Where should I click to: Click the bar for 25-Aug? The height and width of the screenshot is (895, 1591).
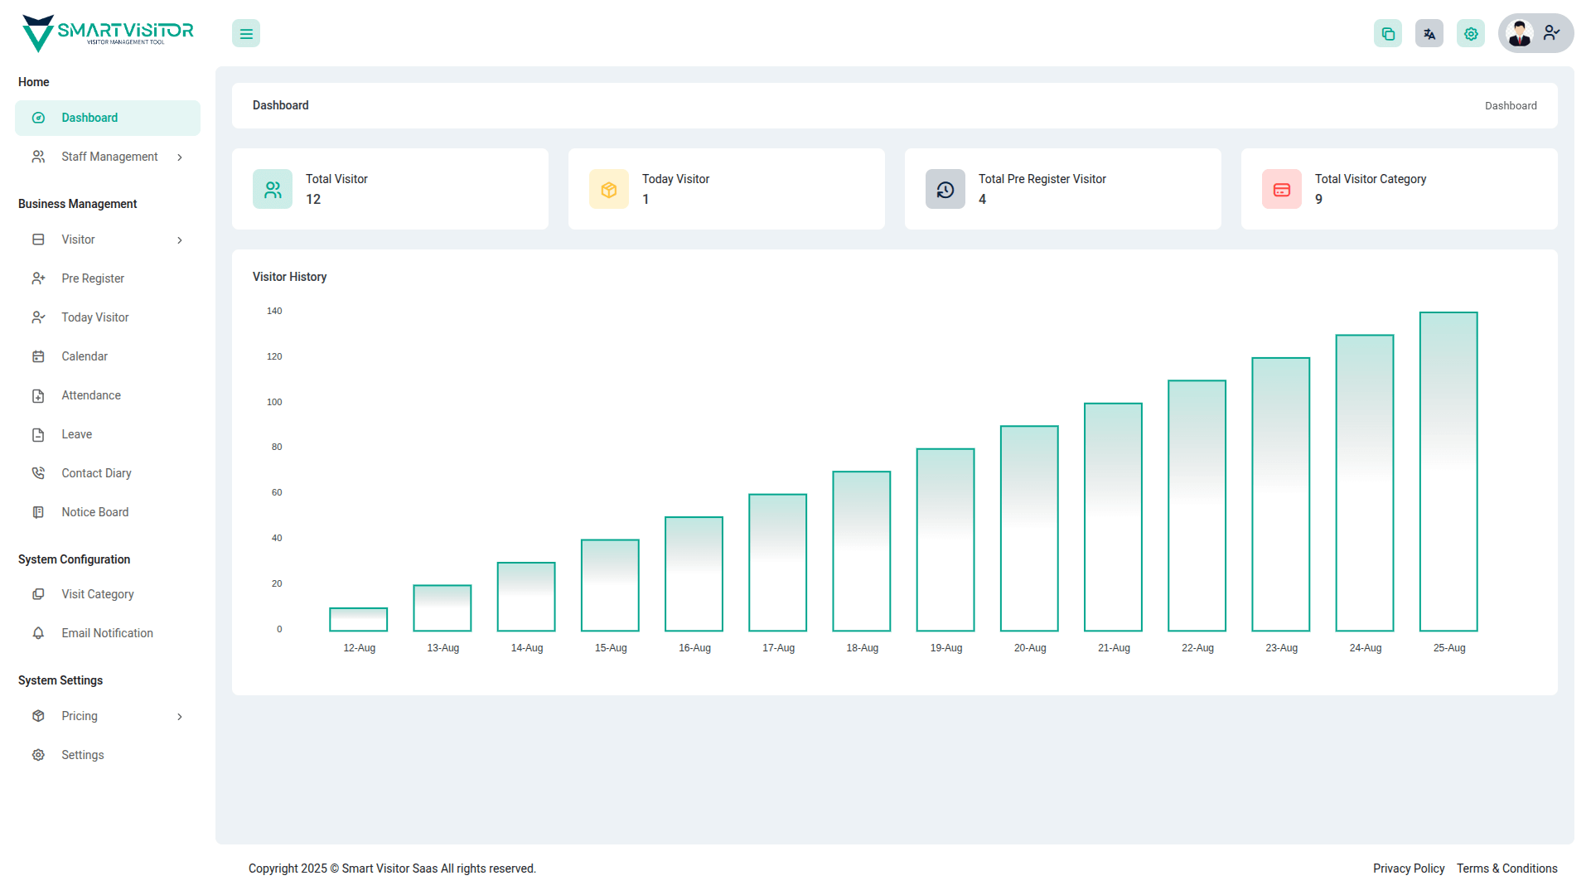pyautogui.click(x=1448, y=472)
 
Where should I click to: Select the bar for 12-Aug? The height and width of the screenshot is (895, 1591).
pyautogui.click(x=358, y=619)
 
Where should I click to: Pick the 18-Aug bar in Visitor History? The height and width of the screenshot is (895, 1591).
pyautogui.click(x=862, y=551)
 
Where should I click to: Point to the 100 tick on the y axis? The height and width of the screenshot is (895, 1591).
pyautogui.click(x=274, y=402)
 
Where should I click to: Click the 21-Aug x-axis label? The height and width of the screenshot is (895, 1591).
pyautogui.click(x=1114, y=648)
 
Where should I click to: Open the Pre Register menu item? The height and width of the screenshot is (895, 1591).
pyautogui.click(x=93, y=278)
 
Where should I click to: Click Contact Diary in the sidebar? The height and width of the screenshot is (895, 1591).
pyautogui.click(x=96, y=473)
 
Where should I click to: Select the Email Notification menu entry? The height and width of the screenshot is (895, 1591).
pyautogui.click(x=107, y=633)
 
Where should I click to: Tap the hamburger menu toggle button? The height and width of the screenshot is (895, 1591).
pyautogui.click(x=246, y=34)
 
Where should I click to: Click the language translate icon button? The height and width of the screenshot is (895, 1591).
pyautogui.click(x=1429, y=34)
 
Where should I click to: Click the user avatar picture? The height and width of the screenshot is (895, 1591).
pyautogui.click(x=1520, y=33)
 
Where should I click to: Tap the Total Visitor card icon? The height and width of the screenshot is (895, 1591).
pyautogui.click(x=273, y=190)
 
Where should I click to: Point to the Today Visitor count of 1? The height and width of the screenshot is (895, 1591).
pyautogui.click(x=646, y=200)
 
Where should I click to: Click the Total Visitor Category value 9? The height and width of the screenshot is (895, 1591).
pyautogui.click(x=1318, y=200)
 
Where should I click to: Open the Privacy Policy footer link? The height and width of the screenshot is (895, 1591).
pyautogui.click(x=1409, y=868)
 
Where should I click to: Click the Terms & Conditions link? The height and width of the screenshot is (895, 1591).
pyautogui.click(x=1507, y=868)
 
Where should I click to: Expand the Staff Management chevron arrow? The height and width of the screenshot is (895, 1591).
pyautogui.click(x=180, y=157)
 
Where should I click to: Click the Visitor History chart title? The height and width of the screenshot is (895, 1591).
pyautogui.click(x=289, y=277)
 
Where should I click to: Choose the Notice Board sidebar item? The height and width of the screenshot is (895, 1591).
pyautogui.click(x=94, y=512)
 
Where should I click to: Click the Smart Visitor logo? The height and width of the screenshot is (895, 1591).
pyautogui.click(x=108, y=33)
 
